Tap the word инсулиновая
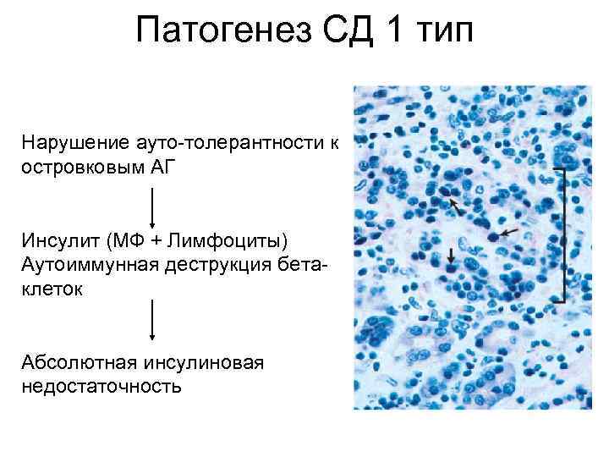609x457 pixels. pyautogui.click(x=204, y=363)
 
